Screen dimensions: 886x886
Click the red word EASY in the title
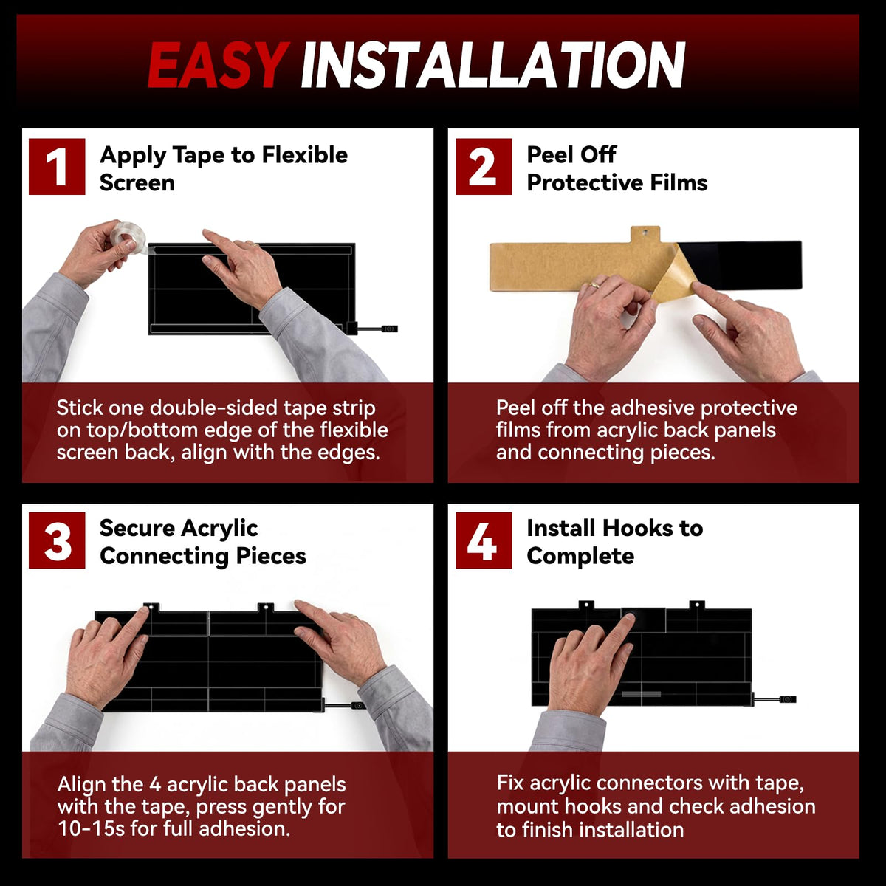[x=219, y=64]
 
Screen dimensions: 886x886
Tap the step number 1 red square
[x=57, y=166]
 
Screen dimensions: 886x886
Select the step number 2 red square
[x=484, y=166]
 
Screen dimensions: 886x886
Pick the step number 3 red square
[x=57, y=540]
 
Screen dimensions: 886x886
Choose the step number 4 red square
[x=484, y=540]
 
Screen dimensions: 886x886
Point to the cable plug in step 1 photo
[x=389, y=329]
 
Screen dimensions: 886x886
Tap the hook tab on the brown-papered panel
[x=645, y=235]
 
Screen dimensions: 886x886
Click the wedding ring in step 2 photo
[x=594, y=286]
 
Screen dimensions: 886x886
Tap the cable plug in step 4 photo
[x=786, y=699]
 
